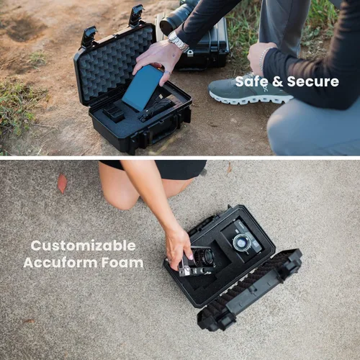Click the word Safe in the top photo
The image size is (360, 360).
(252, 81)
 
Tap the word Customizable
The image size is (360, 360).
(83, 246)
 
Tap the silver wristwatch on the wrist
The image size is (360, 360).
(177, 41)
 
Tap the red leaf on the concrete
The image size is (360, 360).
(62, 183)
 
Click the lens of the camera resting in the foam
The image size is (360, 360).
(239, 241)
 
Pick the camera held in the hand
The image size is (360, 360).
(198, 261)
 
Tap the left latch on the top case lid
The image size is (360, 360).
(89, 37)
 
